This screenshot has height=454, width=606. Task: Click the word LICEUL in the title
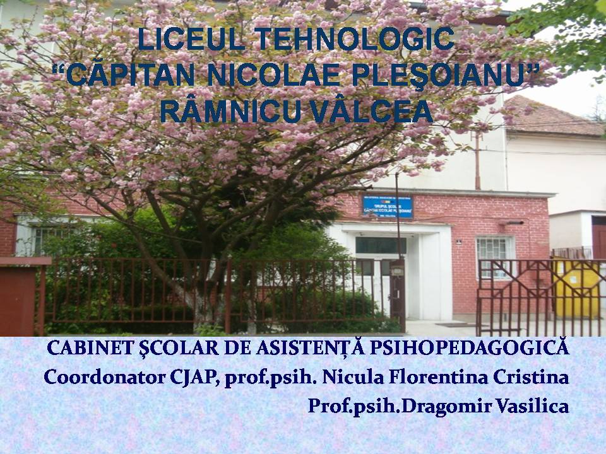point(191,39)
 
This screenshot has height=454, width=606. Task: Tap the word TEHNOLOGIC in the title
point(354,39)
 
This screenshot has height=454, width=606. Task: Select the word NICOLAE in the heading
point(274,75)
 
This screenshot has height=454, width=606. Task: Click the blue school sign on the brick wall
point(388,207)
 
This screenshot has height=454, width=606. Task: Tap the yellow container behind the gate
point(576,288)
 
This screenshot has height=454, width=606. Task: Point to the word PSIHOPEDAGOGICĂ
point(470,348)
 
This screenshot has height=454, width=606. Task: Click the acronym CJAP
point(195,378)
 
